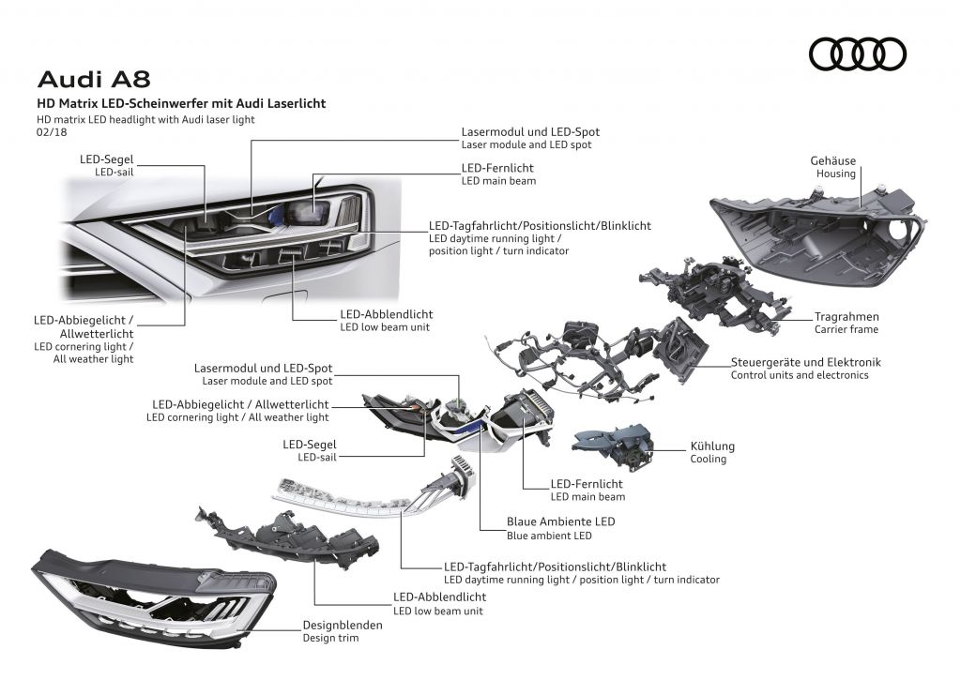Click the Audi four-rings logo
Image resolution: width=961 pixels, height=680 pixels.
coord(857,54)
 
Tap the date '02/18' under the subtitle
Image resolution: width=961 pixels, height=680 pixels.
coord(51,133)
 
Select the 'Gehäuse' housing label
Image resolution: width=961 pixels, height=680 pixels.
coord(832,161)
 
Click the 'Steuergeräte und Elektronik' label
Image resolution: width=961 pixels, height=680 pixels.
coord(805,362)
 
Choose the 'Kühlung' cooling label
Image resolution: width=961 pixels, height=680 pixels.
coord(712,446)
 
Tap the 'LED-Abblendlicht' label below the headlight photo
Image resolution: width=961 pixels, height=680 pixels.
coord(386,314)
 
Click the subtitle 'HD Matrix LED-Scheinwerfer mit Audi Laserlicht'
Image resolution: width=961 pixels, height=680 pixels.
coord(181,103)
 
